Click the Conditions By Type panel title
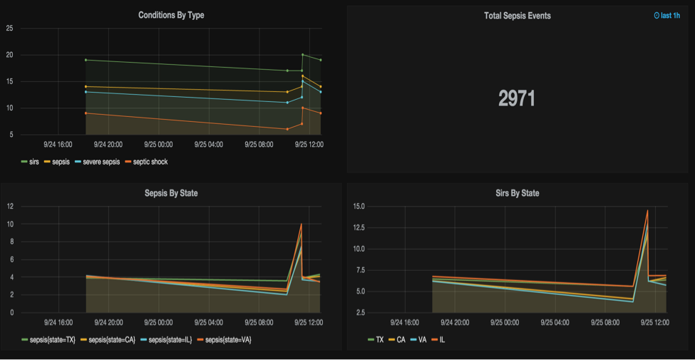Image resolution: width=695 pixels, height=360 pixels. (x=171, y=15)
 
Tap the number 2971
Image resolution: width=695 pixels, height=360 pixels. (x=517, y=99)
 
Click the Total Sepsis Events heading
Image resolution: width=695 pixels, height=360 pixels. (x=517, y=15)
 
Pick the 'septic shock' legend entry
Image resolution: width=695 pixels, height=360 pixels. (x=146, y=162)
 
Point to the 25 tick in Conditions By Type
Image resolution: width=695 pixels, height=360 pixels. (x=9, y=29)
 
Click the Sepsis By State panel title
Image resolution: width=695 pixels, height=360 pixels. (x=171, y=193)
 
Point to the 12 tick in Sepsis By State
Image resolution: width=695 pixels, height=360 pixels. (x=10, y=207)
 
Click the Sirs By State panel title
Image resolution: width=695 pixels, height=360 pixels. (x=517, y=193)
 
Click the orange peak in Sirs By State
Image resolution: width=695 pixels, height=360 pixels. (x=647, y=210)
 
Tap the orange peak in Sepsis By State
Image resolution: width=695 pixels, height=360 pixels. (x=302, y=225)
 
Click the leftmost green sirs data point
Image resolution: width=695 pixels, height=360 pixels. (x=86, y=60)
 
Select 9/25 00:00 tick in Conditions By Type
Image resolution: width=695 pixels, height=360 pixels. (x=160, y=143)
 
